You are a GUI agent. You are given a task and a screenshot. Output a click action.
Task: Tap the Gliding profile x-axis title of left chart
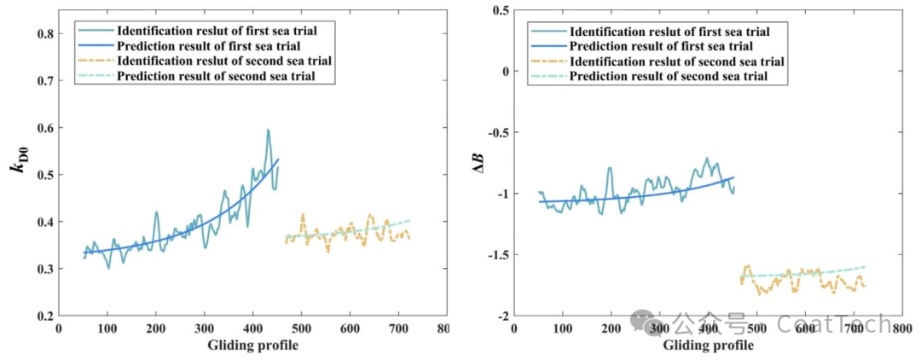coord(252,345)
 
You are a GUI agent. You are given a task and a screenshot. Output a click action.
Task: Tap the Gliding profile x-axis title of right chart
coord(708,345)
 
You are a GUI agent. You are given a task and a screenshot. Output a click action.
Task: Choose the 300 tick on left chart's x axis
coord(205,328)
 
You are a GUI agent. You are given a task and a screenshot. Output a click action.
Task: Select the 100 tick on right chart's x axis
coord(561,328)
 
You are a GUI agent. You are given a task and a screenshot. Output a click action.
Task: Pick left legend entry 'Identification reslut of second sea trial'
coord(224,61)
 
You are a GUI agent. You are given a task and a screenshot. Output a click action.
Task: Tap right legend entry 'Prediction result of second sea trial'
coord(668,77)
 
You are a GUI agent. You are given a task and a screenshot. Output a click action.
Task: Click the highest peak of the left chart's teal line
coord(268,130)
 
